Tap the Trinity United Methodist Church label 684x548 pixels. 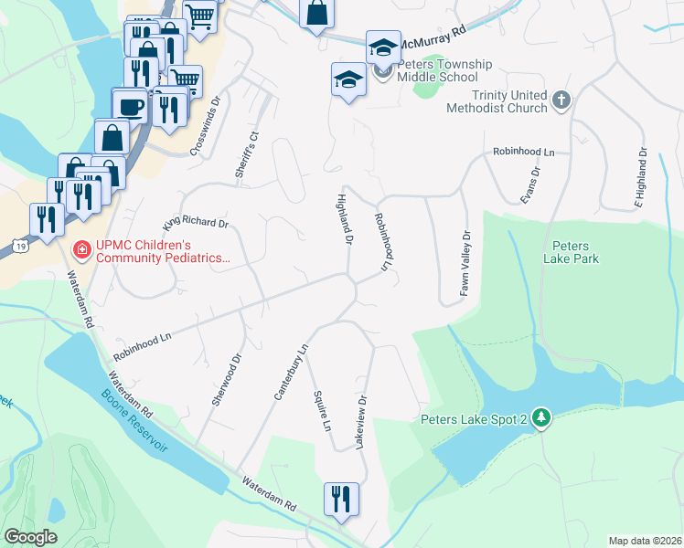[497, 101]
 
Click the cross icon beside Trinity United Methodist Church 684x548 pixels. [561, 100]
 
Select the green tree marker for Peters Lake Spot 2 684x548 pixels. [542, 418]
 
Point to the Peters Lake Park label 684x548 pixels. [576, 253]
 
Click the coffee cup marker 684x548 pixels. [131, 107]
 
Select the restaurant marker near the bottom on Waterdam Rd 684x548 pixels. [340, 499]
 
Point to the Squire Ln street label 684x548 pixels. [321, 410]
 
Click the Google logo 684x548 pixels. [31, 536]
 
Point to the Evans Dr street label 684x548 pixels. [531, 184]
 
